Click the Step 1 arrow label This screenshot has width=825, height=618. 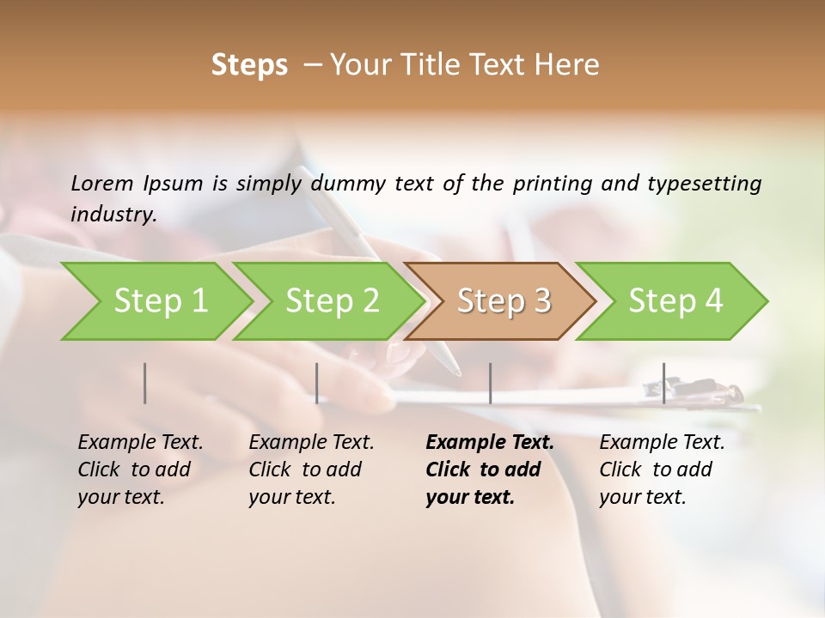[161, 301]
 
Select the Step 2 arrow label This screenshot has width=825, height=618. [333, 301]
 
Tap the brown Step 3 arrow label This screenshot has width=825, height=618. [504, 301]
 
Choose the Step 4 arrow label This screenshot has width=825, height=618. [675, 301]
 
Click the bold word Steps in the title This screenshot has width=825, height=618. [249, 65]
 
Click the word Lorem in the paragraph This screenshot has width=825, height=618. [102, 183]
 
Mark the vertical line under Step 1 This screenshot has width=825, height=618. [145, 383]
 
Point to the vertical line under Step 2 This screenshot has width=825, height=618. [317, 383]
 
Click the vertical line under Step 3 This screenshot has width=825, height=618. [490, 383]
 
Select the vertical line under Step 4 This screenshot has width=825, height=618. [663, 383]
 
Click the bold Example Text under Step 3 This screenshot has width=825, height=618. [490, 443]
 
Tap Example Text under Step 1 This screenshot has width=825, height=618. [140, 443]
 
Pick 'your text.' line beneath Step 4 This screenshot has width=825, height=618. [643, 497]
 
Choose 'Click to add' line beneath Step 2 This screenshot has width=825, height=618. [305, 470]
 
